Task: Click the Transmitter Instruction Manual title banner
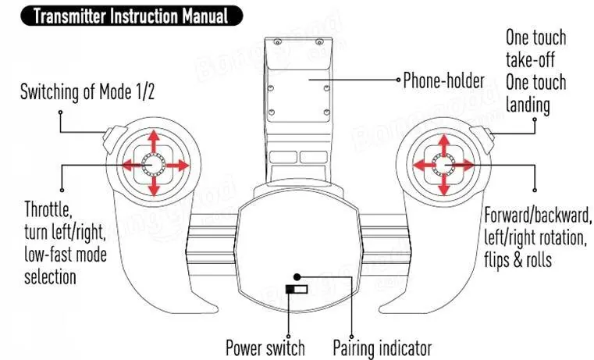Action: tap(131, 16)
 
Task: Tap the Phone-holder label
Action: tap(443, 80)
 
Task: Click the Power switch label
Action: tap(265, 348)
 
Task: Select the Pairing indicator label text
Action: tap(382, 348)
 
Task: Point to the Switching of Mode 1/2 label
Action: tap(87, 91)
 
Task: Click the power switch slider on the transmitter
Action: tap(297, 290)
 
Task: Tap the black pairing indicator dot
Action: tap(297, 277)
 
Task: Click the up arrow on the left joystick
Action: tap(154, 141)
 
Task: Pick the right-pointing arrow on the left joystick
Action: tap(177, 166)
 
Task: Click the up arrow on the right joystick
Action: tap(444, 144)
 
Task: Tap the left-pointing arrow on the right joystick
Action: tap(424, 166)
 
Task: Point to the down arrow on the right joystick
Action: tap(444, 185)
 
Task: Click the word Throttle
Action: tap(48, 209)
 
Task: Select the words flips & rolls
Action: tap(518, 260)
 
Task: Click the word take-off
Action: tap(530, 60)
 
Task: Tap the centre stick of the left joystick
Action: tap(154, 165)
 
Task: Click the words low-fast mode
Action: tap(66, 255)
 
